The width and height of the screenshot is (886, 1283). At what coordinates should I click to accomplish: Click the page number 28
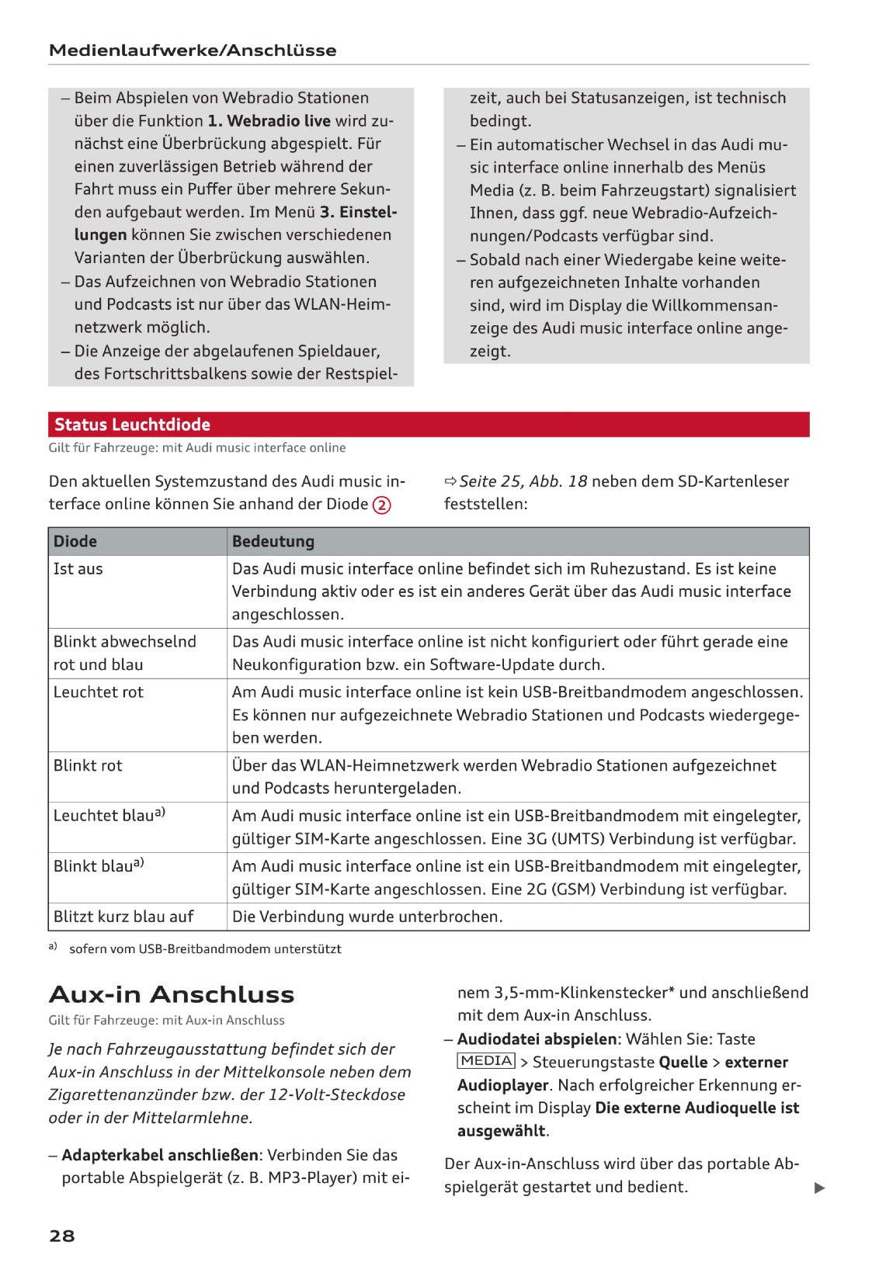(x=61, y=1236)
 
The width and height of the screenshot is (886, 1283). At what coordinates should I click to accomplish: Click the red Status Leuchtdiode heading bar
(x=428, y=425)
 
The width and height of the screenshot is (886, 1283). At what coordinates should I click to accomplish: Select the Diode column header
(x=75, y=541)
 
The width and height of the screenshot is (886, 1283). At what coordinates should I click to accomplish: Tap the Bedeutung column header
(x=273, y=541)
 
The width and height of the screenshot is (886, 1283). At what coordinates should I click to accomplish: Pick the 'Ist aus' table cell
(x=78, y=569)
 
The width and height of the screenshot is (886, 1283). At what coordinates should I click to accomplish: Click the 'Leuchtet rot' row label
(x=99, y=692)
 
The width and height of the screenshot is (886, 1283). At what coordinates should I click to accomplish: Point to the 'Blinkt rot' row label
(x=88, y=765)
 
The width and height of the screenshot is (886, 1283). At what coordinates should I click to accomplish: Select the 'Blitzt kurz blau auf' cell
(x=123, y=917)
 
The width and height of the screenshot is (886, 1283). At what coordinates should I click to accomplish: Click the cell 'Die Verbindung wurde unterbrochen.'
(x=367, y=917)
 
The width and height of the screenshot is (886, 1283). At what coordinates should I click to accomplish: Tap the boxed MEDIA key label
(x=486, y=1061)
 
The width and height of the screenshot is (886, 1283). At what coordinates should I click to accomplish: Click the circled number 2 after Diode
(x=381, y=505)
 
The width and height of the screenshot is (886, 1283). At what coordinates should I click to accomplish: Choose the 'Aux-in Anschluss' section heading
(x=172, y=994)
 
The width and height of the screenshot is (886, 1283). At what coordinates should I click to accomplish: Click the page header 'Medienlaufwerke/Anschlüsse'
(x=193, y=50)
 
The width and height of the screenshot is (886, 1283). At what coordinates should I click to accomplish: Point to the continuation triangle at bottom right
(x=819, y=1188)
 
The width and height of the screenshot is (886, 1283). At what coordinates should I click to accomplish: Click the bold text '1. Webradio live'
(x=269, y=121)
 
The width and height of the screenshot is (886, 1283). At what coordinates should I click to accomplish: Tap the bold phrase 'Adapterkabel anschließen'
(x=159, y=1155)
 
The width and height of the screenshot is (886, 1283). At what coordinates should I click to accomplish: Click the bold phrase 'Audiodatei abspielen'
(x=537, y=1039)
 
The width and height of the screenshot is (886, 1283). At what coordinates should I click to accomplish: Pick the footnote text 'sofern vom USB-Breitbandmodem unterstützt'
(x=205, y=948)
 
